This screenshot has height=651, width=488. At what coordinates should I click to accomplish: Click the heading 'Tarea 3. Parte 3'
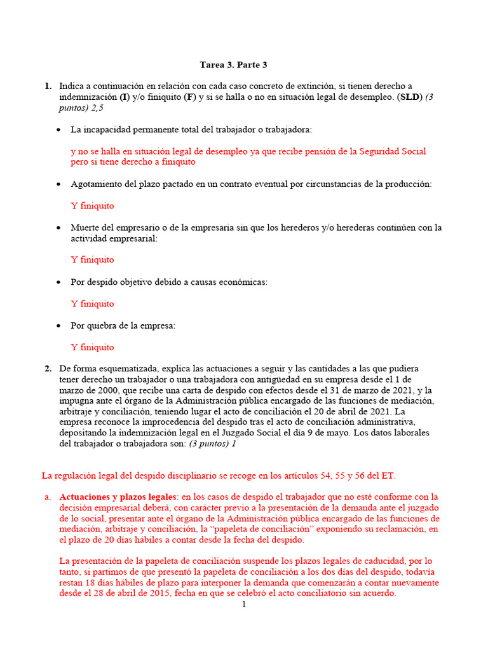point(238,65)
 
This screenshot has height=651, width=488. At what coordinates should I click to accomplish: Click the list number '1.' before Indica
point(48,86)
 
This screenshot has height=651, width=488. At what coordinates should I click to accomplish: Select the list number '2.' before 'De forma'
point(48,369)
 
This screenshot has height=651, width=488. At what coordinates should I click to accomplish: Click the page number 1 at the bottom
point(243,605)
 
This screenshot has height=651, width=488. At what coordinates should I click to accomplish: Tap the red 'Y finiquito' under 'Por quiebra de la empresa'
point(93,347)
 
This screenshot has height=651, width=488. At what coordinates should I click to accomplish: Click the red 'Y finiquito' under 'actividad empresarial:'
point(93,259)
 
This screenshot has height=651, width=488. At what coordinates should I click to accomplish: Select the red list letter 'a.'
point(48,497)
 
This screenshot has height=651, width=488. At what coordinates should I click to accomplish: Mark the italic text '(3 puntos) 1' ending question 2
point(212,444)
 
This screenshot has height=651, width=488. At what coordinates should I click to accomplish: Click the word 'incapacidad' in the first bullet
point(105,130)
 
